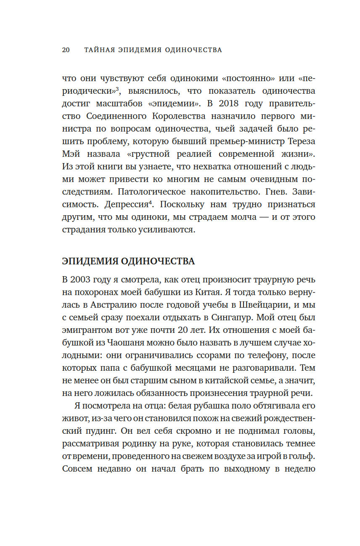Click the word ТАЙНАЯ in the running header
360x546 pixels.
click(x=100, y=50)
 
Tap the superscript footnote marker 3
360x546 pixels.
click(x=117, y=88)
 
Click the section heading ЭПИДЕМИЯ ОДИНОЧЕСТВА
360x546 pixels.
click(x=128, y=261)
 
